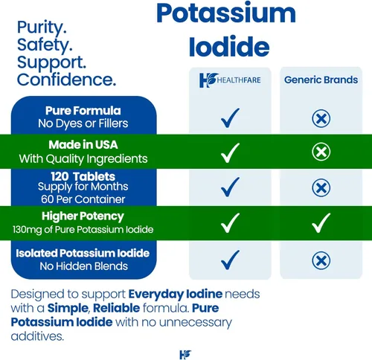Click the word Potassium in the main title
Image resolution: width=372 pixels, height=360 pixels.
(227, 15)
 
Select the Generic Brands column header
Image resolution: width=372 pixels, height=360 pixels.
(321, 80)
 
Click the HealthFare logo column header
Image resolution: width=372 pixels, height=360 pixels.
(231, 80)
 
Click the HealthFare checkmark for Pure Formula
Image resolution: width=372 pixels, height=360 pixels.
(231, 116)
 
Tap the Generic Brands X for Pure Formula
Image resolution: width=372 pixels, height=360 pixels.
(321, 118)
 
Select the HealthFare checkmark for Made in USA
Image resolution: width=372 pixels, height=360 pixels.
(231, 152)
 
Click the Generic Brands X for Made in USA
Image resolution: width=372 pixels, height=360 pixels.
(321, 152)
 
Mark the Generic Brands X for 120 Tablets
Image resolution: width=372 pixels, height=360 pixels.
(321, 187)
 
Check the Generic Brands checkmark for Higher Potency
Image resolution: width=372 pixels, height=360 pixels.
(321, 222)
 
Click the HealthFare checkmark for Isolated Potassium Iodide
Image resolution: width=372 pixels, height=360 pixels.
(231, 259)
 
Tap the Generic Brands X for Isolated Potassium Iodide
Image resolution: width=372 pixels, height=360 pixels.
(321, 260)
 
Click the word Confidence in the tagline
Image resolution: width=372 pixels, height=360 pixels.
(66, 79)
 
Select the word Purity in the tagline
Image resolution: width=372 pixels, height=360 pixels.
(41, 28)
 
